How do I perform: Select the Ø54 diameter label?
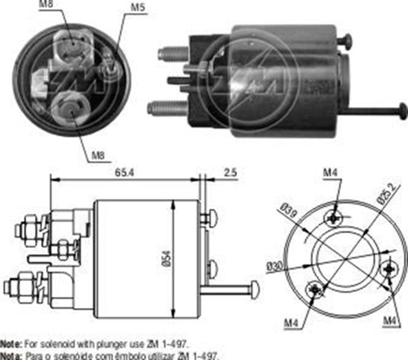tap(167, 255)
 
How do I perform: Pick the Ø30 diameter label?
tap(276, 266)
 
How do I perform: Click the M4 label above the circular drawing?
tap(330, 172)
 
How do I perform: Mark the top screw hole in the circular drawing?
tap(334, 217)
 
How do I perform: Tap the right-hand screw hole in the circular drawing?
tap(388, 270)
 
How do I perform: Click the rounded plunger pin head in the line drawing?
tap(254, 289)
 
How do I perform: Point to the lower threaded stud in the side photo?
tap(167, 108)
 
